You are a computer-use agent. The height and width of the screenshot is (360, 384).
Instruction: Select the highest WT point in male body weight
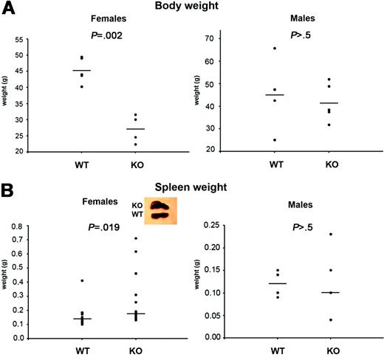click(275, 49)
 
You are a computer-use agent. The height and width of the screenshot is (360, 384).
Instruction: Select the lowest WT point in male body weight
click(275, 140)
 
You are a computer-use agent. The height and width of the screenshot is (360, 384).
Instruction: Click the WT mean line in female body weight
click(81, 71)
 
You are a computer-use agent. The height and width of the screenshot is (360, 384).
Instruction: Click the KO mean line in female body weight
click(134, 129)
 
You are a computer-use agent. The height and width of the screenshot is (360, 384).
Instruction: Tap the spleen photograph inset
click(163, 212)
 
